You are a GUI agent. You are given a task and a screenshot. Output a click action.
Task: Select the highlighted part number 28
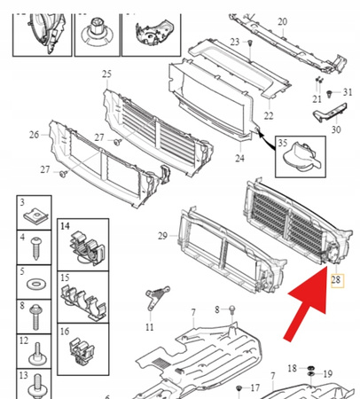(336, 280)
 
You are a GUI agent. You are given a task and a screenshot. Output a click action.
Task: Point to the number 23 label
(234, 43)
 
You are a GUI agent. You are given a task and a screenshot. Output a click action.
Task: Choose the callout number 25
(106, 73)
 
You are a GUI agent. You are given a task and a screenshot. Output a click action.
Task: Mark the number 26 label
(34, 135)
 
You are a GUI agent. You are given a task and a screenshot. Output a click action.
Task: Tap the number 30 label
(335, 130)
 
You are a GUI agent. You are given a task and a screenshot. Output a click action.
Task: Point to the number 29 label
(162, 235)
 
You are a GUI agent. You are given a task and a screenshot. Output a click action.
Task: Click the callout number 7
(192, 312)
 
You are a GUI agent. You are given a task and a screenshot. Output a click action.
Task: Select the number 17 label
(254, 387)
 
